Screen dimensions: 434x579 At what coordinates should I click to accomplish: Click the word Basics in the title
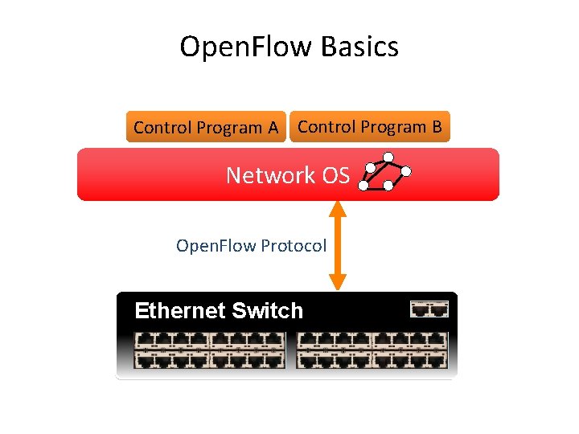tap(359, 47)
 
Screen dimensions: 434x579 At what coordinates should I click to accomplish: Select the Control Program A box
tap(206, 127)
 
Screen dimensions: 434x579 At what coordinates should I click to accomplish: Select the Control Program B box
tap(369, 126)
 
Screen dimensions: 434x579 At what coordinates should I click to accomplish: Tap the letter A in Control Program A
tap(273, 128)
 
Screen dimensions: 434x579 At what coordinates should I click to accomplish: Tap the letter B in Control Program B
tap(436, 127)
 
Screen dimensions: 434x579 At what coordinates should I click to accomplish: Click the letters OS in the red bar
tap(335, 175)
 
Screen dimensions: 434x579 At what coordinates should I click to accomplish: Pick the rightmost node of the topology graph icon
tap(407, 171)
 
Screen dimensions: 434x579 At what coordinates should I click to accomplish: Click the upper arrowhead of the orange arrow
tap(338, 208)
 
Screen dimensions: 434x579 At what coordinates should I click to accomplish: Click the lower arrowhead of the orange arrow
tap(338, 281)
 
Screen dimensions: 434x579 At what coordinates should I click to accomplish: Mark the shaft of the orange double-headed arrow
tap(338, 245)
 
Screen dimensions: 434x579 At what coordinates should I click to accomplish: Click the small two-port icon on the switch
tap(429, 309)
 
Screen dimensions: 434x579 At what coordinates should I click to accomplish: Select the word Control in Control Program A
tap(162, 128)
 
